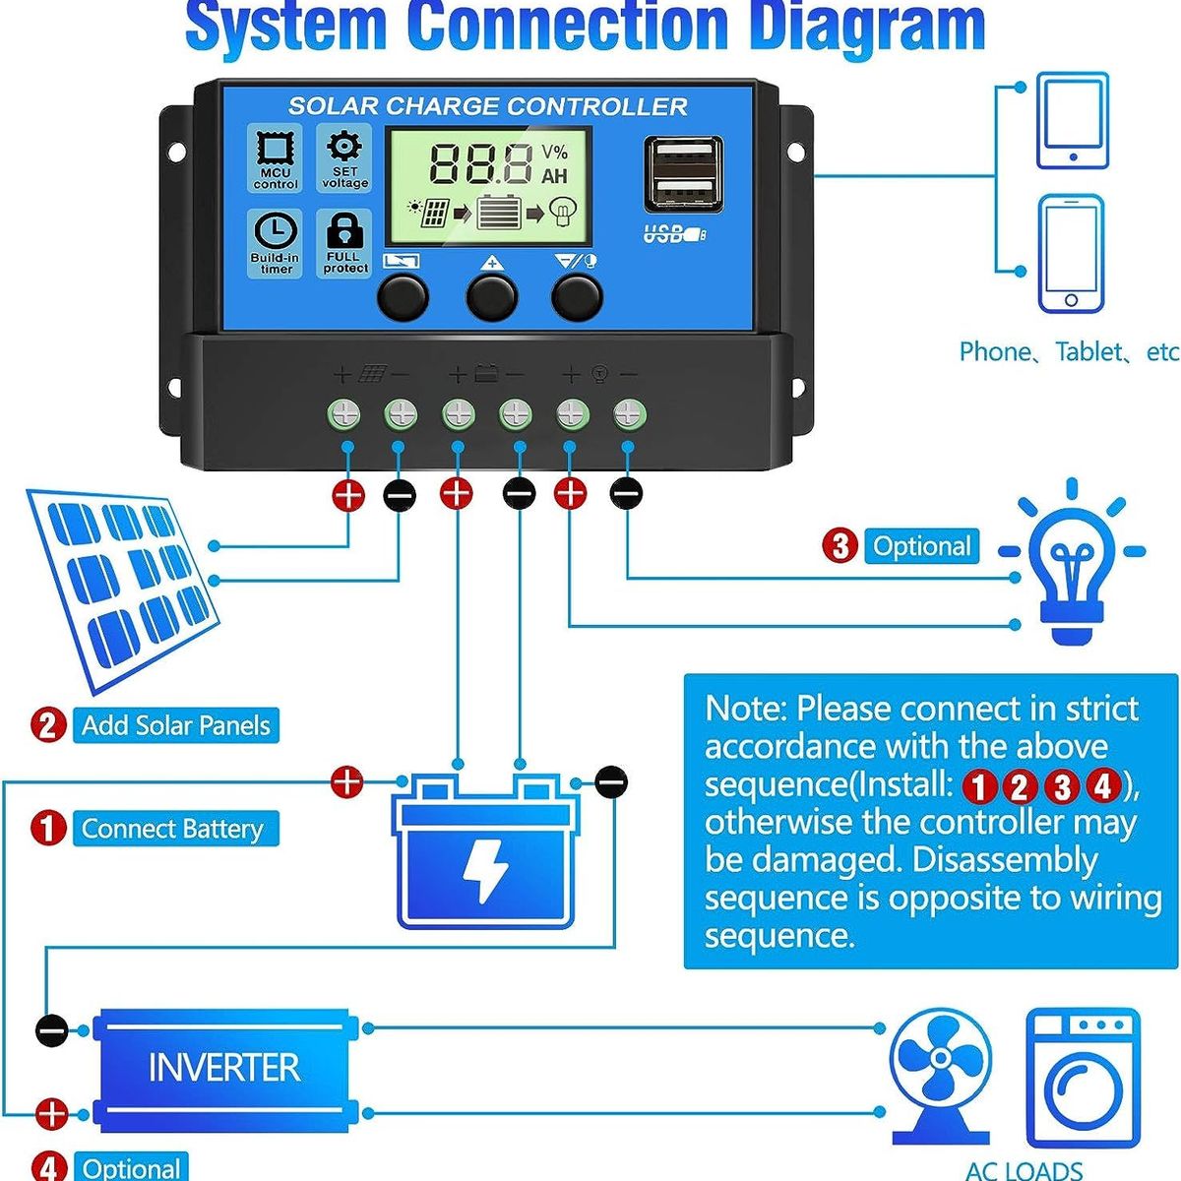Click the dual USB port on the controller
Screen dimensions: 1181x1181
(684, 173)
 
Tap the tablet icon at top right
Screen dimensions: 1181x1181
(1072, 120)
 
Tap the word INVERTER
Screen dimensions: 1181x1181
(223, 1068)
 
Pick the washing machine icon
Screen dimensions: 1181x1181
(1083, 1078)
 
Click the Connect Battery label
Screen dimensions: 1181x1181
(173, 829)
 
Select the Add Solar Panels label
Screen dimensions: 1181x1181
(175, 725)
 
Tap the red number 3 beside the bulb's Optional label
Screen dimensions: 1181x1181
(839, 546)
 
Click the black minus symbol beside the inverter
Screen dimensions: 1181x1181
(52, 1031)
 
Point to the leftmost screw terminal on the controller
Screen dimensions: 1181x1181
(345, 414)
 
